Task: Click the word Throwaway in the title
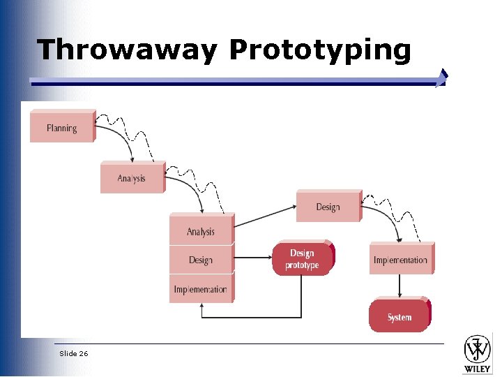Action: (128, 50)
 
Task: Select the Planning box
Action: (61, 128)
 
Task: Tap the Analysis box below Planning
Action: (132, 179)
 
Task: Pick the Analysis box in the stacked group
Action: (201, 232)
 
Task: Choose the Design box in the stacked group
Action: (200, 260)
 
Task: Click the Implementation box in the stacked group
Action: (200, 289)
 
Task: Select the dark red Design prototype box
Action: (303, 259)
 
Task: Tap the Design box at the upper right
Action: (328, 207)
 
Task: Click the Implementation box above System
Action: (400, 260)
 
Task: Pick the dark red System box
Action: (400, 317)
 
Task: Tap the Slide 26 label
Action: (74, 354)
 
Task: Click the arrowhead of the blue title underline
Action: (441, 78)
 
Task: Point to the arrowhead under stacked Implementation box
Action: (201, 307)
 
